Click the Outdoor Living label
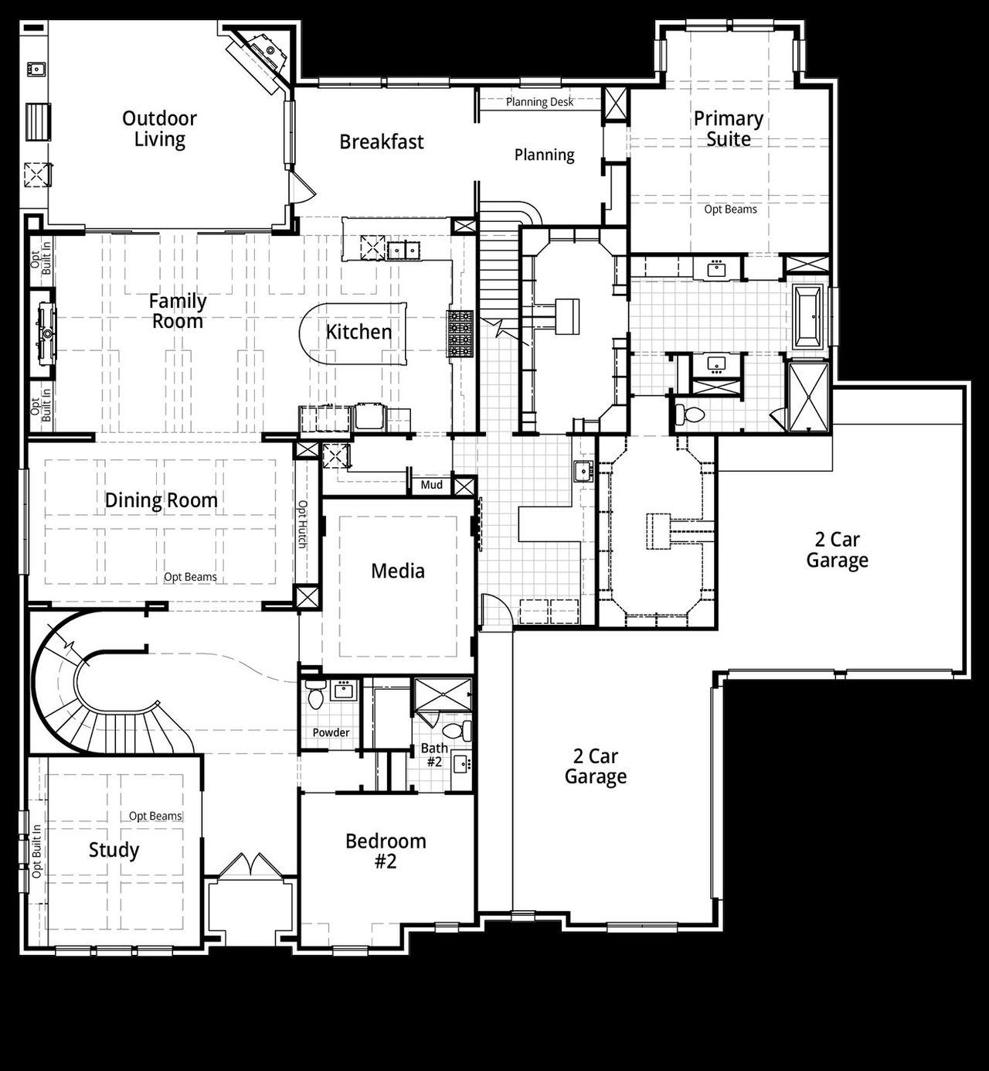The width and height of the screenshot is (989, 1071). click(159, 129)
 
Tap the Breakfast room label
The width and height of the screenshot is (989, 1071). click(382, 142)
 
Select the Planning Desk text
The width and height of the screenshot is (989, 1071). click(539, 102)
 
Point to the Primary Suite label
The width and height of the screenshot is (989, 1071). click(728, 129)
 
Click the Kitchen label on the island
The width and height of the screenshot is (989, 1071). click(359, 333)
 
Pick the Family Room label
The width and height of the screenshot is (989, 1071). click(178, 312)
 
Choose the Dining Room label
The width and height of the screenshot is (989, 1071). click(161, 501)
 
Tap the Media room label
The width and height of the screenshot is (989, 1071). click(397, 571)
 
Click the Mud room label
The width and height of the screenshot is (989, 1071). click(431, 485)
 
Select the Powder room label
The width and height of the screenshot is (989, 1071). click(331, 732)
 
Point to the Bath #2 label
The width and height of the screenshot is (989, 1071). click(434, 755)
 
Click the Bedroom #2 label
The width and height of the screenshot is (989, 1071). click(386, 851)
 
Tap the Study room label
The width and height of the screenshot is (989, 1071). click(114, 851)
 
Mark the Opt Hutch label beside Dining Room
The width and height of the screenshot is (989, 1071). click(303, 524)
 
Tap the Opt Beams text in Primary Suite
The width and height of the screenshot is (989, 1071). click(730, 210)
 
